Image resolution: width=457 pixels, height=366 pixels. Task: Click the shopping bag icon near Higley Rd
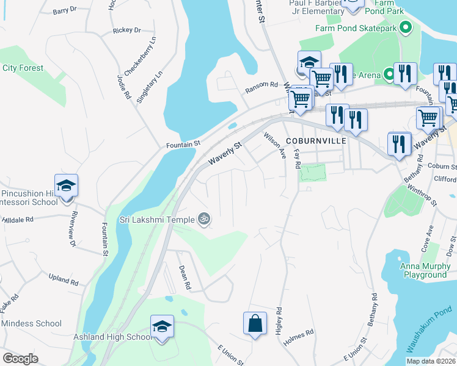[254, 323]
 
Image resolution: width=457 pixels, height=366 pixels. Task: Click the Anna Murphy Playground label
[423, 270]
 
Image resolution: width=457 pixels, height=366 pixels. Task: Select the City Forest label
[23, 68]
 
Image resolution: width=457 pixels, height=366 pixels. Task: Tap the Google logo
[20, 359]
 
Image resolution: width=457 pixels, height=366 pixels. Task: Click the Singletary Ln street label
[150, 87]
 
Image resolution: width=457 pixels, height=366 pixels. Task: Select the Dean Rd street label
[185, 277]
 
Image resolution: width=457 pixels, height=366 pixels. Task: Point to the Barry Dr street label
[64, 10]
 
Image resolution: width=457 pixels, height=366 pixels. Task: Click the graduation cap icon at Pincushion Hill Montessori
[66, 185]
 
